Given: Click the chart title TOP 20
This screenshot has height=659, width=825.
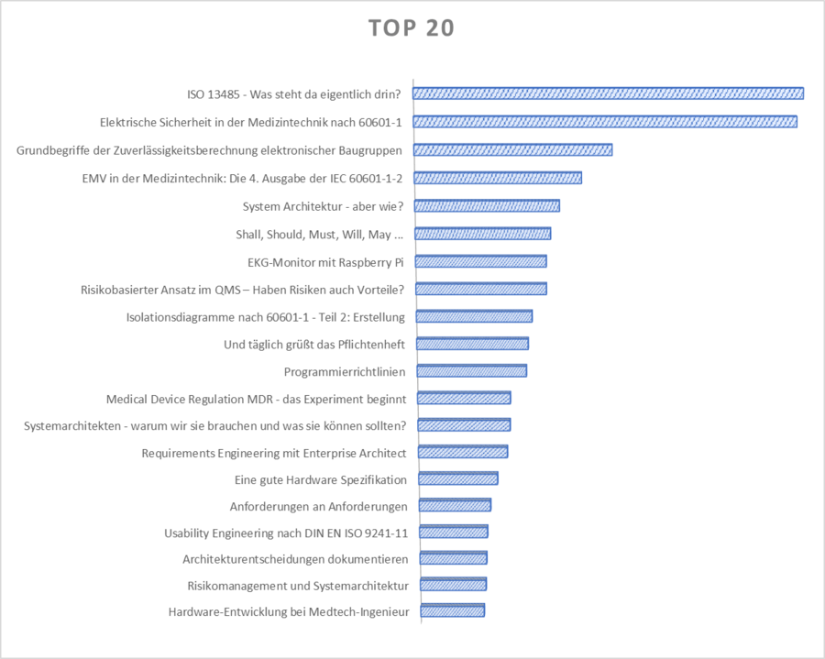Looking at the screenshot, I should (412, 28).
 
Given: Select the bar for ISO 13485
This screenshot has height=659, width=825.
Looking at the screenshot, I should (609, 93).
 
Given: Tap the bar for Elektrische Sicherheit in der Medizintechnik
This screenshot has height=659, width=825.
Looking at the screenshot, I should (606, 122).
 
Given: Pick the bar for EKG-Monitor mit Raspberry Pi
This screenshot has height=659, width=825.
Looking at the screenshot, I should (481, 261).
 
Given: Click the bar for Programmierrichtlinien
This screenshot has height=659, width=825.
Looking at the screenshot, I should (472, 371).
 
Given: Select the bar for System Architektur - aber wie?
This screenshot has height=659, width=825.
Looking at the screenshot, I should (487, 205).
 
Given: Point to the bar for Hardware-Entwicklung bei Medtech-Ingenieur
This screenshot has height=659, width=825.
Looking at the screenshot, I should (452, 611).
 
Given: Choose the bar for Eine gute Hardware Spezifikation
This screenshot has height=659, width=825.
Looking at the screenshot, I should (458, 478).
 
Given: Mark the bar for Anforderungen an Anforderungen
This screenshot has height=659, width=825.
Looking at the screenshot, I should (455, 505).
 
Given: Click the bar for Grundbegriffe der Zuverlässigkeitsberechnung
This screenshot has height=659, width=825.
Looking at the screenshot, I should (513, 150).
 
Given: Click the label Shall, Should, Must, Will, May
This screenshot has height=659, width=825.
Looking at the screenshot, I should (319, 235).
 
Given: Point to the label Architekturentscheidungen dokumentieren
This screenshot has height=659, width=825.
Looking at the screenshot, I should (295, 558).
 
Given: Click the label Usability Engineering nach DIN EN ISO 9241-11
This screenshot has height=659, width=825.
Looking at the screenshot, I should (286, 533).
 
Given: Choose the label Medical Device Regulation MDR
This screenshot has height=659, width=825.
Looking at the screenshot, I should (257, 399).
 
